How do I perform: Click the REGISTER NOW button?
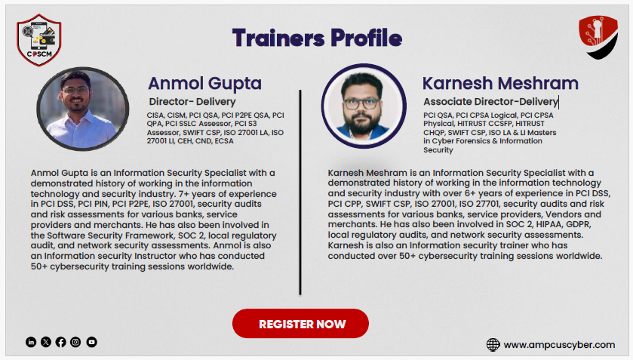(x=300, y=324)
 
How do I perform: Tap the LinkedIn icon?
(x=31, y=342)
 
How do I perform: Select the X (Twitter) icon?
(x=46, y=342)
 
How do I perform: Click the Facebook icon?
(x=61, y=342)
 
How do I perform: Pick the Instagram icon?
(x=75, y=342)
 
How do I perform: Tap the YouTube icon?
(x=91, y=342)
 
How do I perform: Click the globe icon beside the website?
(x=493, y=345)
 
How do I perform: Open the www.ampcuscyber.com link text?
(x=559, y=345)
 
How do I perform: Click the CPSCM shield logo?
(x=39, y=40)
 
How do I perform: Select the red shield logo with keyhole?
(x=598, y=37)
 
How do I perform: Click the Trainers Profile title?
(x=317, y=38)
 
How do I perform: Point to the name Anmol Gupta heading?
(x=204, y=83)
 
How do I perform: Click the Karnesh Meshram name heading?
(x=500, y=83)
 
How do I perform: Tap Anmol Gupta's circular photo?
(x=83, y=109)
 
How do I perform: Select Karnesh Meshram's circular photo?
(x=364, y=106)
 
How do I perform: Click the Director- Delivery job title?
(x=192, y=101)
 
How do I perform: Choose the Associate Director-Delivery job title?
(x=490, y=101)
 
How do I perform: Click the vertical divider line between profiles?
(x=300, y=192)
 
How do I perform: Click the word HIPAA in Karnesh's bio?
(x=549, y=224)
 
